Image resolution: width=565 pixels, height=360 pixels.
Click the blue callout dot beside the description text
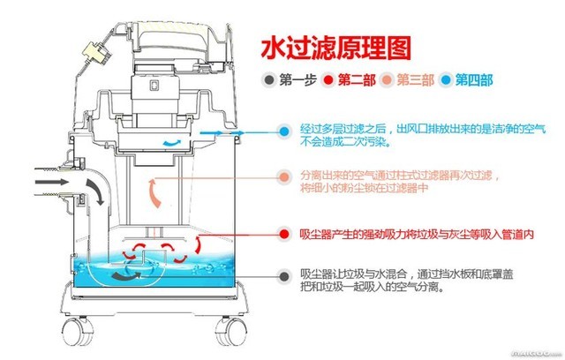(283, 131)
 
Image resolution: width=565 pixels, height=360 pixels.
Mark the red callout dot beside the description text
(283, 234)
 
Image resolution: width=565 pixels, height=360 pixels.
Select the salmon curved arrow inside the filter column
(154, 189)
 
